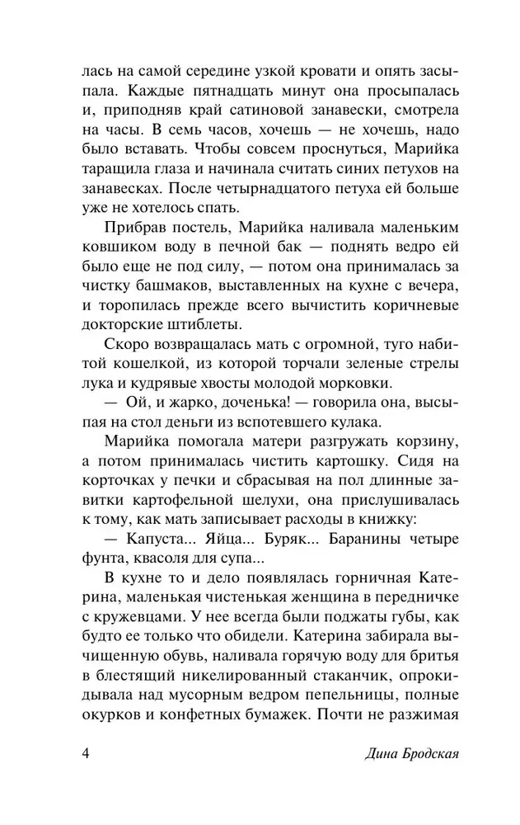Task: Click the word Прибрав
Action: coord(135,226)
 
